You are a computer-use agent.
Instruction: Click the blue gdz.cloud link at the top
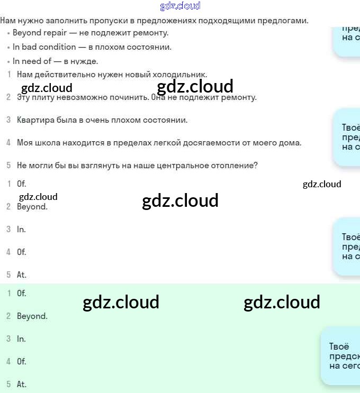(180, 6)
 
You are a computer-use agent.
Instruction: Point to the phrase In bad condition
(44, 47)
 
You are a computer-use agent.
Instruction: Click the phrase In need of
(32, 61)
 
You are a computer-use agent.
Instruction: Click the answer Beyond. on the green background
(32, 316)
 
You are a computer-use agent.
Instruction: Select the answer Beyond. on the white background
(32, 207)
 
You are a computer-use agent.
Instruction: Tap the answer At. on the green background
(22, 385)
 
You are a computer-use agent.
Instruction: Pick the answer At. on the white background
(22, 275)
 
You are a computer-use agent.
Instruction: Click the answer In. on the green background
(21, 339)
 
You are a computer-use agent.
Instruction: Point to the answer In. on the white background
(21, 230)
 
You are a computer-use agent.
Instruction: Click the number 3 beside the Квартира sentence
(8, 120)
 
